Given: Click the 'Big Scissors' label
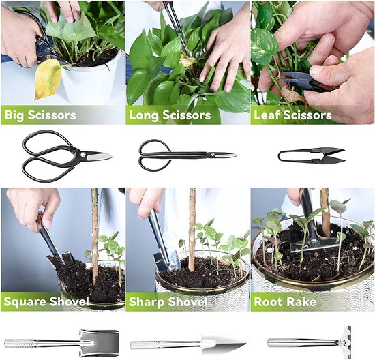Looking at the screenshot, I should (x=40, y=115).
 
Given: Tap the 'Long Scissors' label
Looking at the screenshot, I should (x=169, y=115).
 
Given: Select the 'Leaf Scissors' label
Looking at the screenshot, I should (x=292, y=115).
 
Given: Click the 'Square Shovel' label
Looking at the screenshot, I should (x=46, y=301).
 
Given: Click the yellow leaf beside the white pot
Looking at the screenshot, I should (x=48, y=79).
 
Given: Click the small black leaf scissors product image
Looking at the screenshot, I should (x=311, y=155).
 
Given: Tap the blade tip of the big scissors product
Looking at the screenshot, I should (x=108, y=156).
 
